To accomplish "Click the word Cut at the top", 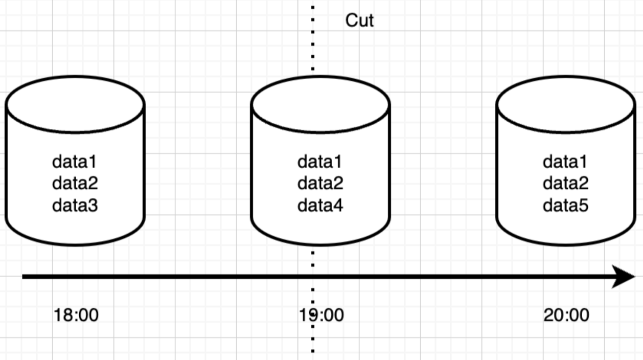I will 359,20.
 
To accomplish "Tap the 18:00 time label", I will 76,315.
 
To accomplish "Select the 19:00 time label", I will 321,315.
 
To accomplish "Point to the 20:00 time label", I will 566,315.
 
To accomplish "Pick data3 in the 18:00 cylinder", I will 75,206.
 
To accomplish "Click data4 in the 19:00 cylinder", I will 320,206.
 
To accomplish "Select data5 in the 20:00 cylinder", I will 566,206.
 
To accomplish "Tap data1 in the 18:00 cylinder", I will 75,162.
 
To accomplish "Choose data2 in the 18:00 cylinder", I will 75,184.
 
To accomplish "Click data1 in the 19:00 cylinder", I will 320,162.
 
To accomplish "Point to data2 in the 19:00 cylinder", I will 320,184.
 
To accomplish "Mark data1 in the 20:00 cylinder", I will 566,162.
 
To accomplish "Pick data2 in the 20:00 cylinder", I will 566,184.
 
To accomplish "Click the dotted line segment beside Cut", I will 313,36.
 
